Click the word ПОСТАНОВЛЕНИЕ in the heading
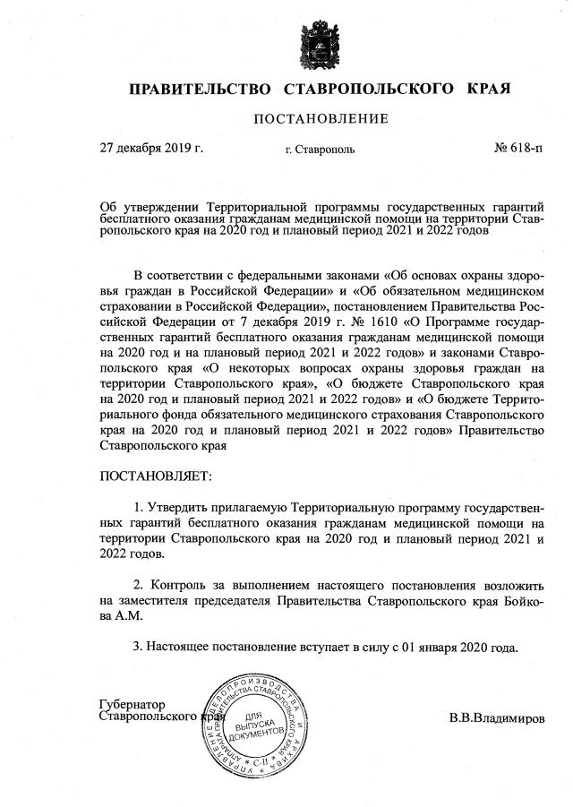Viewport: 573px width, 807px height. [x=321, y=118]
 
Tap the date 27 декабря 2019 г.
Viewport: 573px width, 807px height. [x=151, y=148]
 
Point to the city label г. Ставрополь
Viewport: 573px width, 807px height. [x=320, y=149]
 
